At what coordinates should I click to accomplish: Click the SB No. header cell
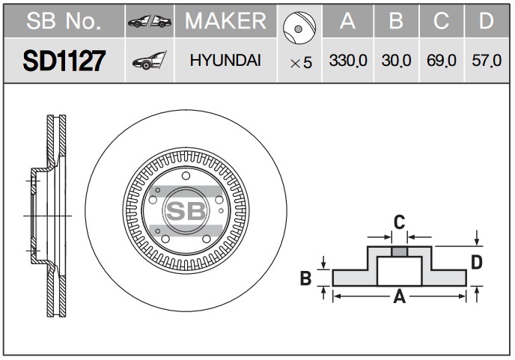click(x=64, y=22)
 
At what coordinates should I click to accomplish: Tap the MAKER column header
click(x=225, y=22)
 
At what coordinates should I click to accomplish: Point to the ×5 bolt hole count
click(x=300, y=63)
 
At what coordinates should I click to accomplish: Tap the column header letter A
click(x=347, y=22)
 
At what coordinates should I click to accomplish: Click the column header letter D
click(x=487, y=22)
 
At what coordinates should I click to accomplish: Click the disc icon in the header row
click(x=298, y=25)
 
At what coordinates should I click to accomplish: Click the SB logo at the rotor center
click(x=185, y=212)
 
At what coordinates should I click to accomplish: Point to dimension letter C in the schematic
click(x=400, y=222)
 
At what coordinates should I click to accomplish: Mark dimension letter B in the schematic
click(x=305, y=279)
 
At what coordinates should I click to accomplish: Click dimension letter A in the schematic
click(x=399, y=298)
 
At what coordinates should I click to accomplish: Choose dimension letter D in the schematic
click(x=476, y=262)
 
